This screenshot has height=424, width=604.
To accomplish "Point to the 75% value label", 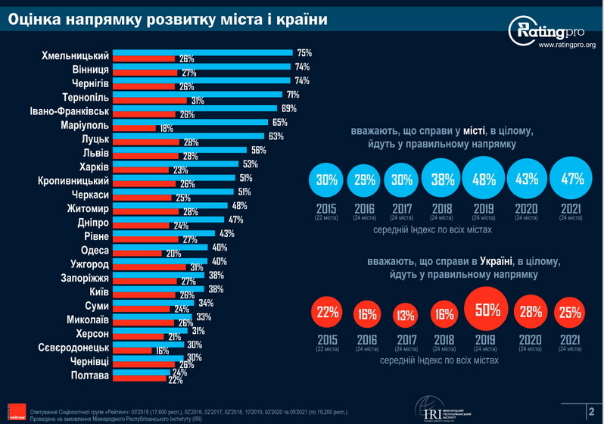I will (304, 53).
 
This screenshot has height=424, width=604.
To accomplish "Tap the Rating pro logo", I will (552, 30).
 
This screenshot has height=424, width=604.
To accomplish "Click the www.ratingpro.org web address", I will (566, 46).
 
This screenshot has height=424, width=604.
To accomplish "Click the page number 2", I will (591, 411).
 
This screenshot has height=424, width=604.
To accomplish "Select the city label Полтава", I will (90, 375).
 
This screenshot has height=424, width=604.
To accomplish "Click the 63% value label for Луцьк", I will (276, 136).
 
